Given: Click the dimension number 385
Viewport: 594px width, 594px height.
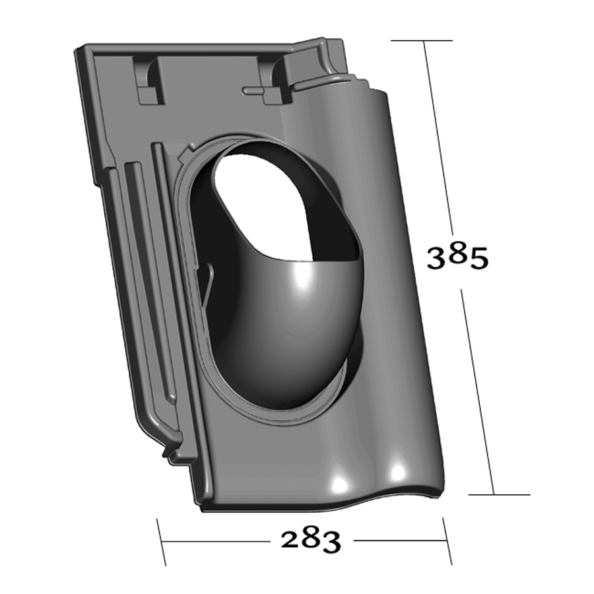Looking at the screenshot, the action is pos(457,257).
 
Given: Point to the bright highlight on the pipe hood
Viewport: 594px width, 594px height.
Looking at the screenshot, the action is pos(302,279).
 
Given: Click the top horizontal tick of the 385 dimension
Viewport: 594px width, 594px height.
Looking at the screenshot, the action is pos(422,40).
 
